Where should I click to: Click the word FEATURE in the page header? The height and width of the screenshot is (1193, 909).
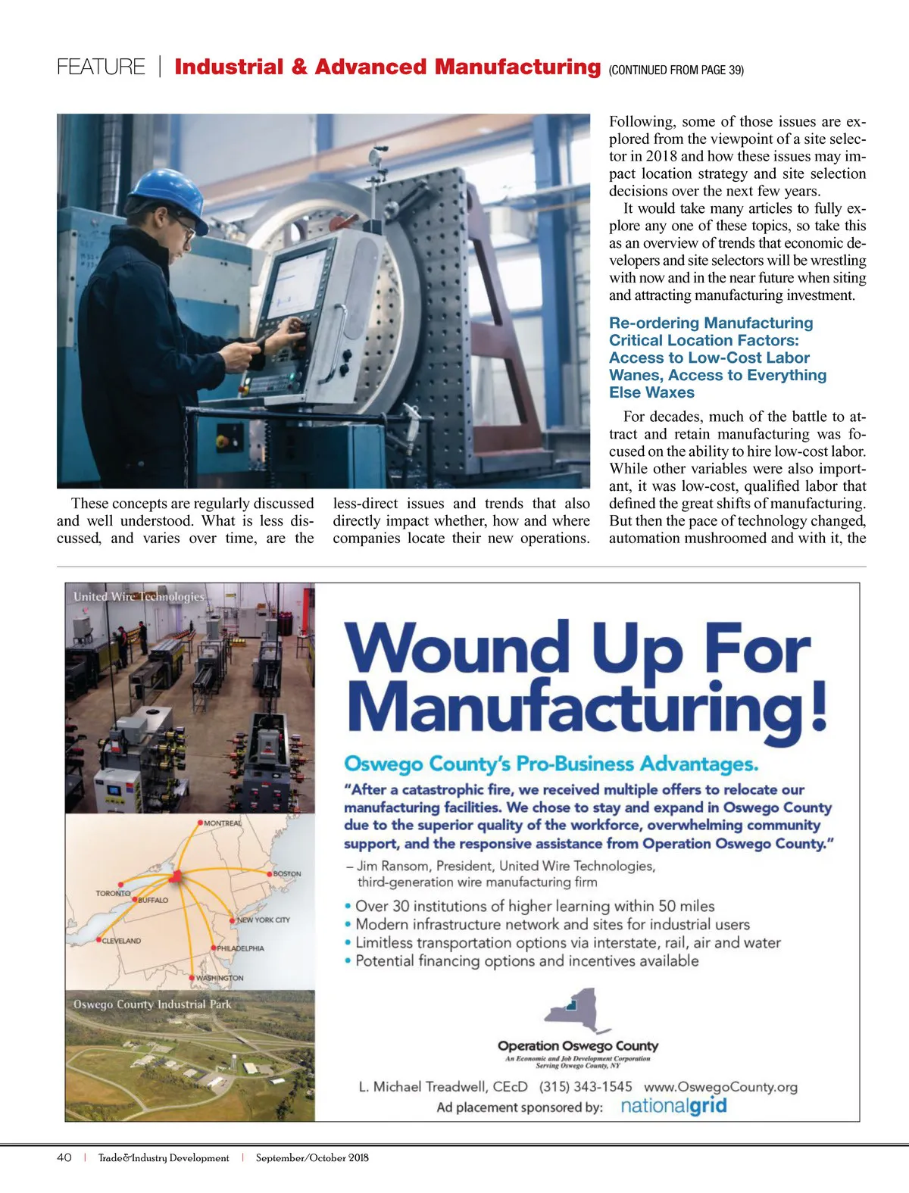pyautogui.click(x=101, y=67)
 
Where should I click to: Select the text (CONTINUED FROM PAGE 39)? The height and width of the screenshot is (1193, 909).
pyautogui.click(x=676, y=70)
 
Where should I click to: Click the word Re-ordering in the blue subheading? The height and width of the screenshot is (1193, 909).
pyautogui.click(x=653, y=323)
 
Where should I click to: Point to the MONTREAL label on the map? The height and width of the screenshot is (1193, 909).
pyautogui.click(x=223, y=823)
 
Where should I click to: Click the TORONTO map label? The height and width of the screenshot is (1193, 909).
pyautogui.click(x=113, y=893)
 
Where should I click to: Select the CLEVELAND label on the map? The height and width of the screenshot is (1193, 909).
pyautogui.click(x=121, y=941)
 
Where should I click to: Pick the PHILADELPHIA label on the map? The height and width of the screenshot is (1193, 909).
pyautogui.click(x=240, y=948)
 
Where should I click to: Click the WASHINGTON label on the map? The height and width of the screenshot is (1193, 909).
pyautogui.click(x=220, y=978)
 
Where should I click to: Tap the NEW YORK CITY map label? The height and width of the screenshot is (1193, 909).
pyautogui.click(x=263, y=920)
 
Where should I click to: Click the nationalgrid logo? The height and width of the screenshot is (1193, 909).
pyautogui.click(x=673, y=1106)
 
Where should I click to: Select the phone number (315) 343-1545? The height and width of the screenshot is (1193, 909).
pyautogui.click(x=585, y=1087)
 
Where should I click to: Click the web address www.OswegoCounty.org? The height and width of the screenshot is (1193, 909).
pyautogui.click(x=720, y=1087)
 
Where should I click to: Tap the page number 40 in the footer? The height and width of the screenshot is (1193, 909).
pyautogui.click(x=64, y=1157)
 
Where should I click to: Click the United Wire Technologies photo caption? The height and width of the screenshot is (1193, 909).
pyautogui.click(x=139, y=597)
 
